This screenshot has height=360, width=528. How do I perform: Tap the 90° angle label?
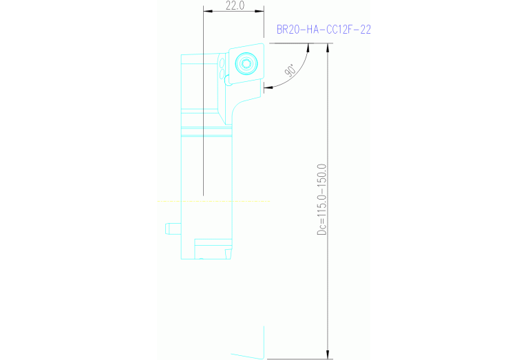290,70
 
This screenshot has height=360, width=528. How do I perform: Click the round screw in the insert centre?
246,64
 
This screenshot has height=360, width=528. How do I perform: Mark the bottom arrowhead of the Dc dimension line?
328,354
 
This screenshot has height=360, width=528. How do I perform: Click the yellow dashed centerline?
213,201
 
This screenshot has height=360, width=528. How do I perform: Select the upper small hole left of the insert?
223,61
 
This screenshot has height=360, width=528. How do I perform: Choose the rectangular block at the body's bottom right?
213,247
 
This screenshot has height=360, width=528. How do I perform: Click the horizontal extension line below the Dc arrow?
296,358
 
